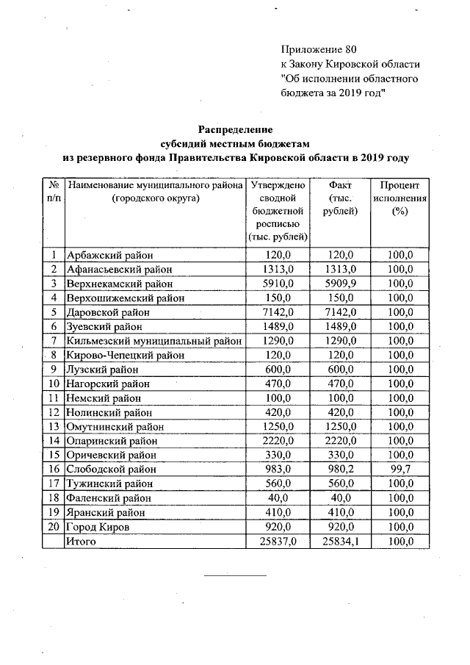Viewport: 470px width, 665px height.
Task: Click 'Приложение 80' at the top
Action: (x=318, y=50)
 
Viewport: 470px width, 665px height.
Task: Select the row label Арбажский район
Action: (x=110, y=256)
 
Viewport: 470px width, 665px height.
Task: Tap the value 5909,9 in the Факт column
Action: (x=339, y=284)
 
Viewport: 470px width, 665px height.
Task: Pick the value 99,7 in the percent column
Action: (x=400, y=469)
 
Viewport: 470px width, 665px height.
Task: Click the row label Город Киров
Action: (x=100, y=526)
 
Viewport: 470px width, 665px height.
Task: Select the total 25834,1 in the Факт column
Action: (x=339, y=541)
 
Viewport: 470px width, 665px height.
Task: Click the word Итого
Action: (x=82, y=541)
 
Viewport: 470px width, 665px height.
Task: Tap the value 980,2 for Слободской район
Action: (x=339, y=469)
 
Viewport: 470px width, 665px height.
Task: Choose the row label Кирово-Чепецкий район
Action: (x=124, y=355)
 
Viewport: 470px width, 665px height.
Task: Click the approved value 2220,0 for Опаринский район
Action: (x=278, y=440)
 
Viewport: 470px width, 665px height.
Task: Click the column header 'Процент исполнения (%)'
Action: (x=400, y=198)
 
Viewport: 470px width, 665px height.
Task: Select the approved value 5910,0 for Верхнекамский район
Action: (x=278, y=284)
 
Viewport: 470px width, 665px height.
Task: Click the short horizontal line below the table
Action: (x=235, y=575)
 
